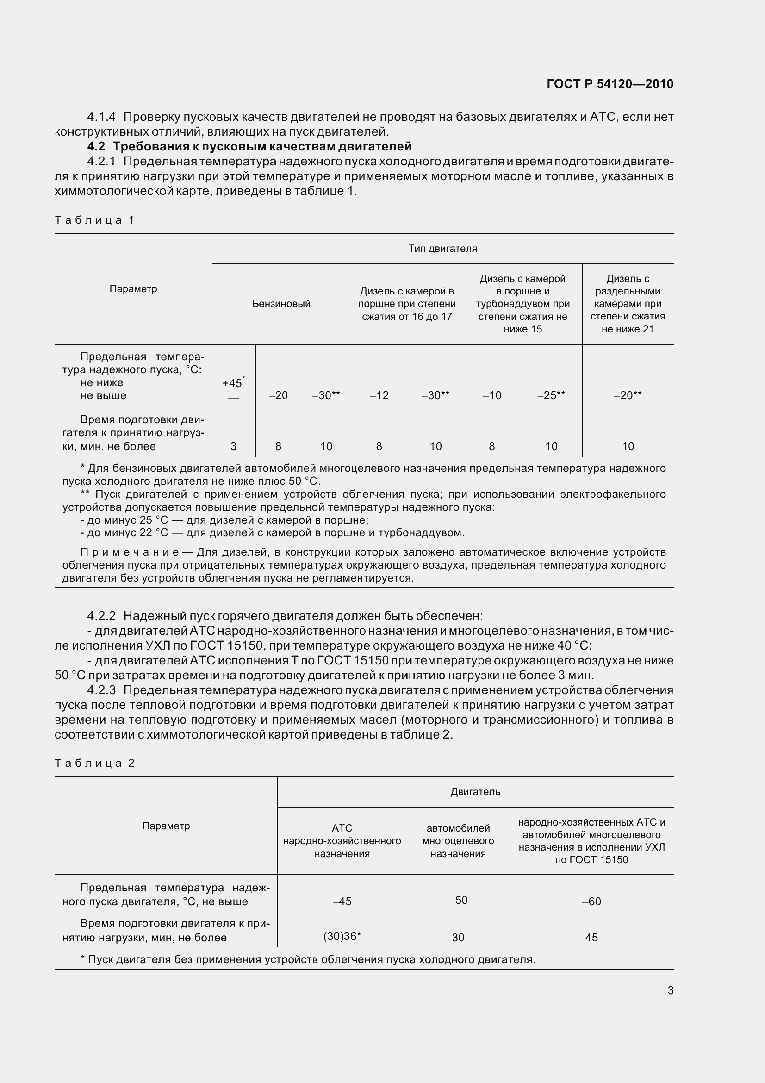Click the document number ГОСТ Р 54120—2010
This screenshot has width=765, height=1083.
pyautogui.click(x=610, y=84)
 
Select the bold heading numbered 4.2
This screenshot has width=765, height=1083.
pyautogui.click(x=249, y=147)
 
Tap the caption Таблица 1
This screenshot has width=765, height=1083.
pyautogui.click(x=95, y=220)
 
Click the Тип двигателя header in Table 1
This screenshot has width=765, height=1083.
pyautogui.click(x=442, y=249)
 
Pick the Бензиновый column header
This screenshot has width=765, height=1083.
pyautogui.click(x=281, y=304)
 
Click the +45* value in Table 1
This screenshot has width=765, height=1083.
pyautogui.click(x=233, y=382)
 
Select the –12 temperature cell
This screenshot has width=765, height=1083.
pyautogui.click(x=379, y=396)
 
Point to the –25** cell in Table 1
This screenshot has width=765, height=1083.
pyautogui.click(x=551, y=396)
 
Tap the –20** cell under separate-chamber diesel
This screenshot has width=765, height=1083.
pyautogui.click(x=628, y=396)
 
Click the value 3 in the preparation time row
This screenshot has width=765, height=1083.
pyautogui.click(x=233, y=446)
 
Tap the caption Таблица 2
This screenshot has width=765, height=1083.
pyautogui.click(x=95, y=763)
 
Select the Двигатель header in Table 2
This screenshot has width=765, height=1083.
pyautogui.click(x=475, y=792)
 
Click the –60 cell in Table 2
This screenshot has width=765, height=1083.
pyautogui.click(x=591, y=901)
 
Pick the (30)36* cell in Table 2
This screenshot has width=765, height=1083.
pyautogui.click(x=342, y=936)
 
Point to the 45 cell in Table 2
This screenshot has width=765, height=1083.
pyautogui.click(x=591, y=938)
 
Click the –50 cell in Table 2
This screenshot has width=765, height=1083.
pyautogui.click(x=458, y=900)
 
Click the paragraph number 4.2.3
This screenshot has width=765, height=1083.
pyautogui.click(x=101, y=690)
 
